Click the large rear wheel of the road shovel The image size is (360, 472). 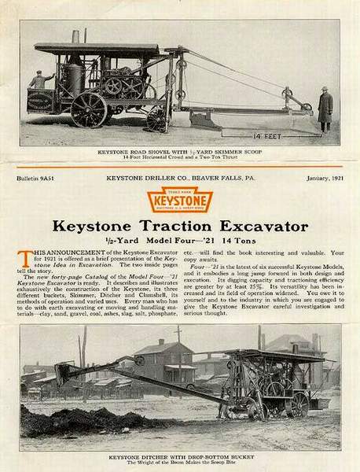coord(88,109)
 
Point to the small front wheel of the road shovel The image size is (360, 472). coord(157,119)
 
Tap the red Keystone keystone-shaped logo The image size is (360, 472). coord(179,201)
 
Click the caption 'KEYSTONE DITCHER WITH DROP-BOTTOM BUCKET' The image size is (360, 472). coord(179,456)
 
